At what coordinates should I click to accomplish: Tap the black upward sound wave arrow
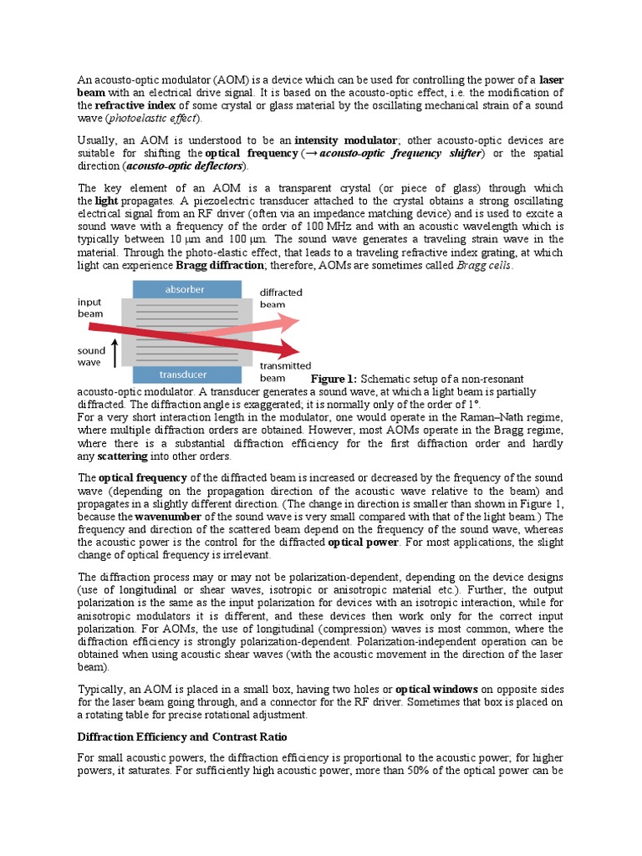pos(115,350)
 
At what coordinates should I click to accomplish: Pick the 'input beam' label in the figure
pos(90,307)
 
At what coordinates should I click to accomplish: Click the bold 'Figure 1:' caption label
pos(334,379)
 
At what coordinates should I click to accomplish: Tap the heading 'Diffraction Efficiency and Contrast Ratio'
pos(182,736)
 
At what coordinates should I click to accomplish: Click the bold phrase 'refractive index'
pos(135,106)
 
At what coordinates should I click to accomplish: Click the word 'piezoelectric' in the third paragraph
pos(251,201)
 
